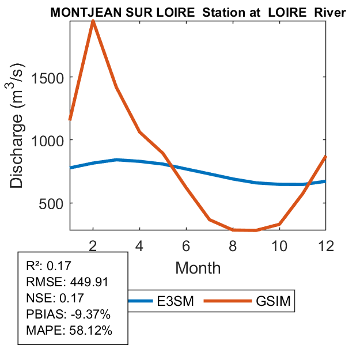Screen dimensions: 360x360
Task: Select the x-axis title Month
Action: pyautogui.click(x=198, y=267)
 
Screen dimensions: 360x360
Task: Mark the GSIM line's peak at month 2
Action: pyautogui.click(x=93, y=21)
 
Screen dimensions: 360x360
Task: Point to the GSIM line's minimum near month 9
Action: pyautogui.click(x=256, y=230)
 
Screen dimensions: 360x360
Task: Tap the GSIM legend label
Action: pyautogui.click(x=274, y=301)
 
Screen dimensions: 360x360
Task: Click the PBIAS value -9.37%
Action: pyautogui.click(x=87, y=314)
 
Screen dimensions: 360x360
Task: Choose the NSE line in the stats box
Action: pyautogui.click(x=55, y=298)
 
